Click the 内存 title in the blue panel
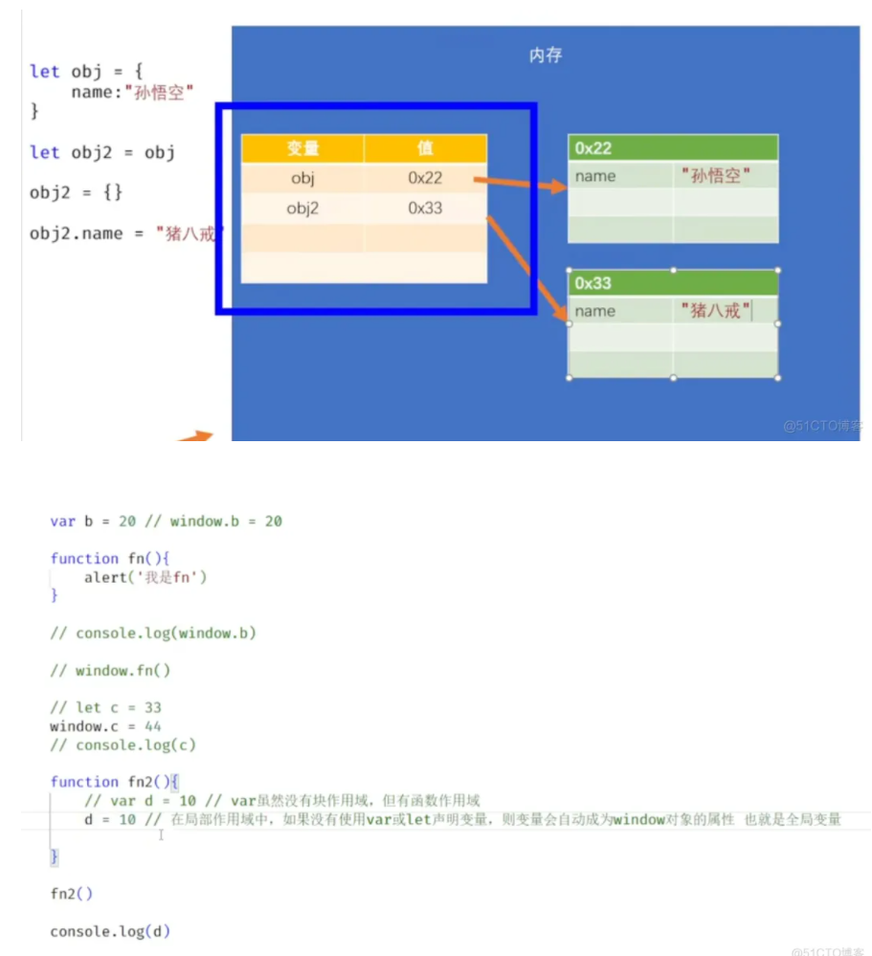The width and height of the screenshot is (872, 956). click(x=546, y=56)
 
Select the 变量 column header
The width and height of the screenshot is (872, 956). click(x=302, y=148)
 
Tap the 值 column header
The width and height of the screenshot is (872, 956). click(x=425, y=148)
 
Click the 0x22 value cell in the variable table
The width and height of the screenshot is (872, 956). click(x=425, y=178)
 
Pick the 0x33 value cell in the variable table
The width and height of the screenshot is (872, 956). click(x=425, y=208)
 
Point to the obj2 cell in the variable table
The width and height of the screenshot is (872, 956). click(x=302, y=208)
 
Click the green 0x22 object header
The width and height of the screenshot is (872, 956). click(x=672, y=148)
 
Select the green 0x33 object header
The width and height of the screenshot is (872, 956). click(x=672, y=283)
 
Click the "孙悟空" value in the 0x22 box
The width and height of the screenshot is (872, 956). click(x=716, y=176)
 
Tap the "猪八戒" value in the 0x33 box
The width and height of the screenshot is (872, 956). click(x=716, y=311)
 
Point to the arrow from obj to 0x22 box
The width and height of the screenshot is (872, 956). click(x=522, y=183)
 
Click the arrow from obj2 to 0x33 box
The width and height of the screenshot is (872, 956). click(x=526, y=268)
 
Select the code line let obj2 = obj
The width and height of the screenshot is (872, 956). click(x=102, y=152)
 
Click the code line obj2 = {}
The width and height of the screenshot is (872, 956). click(x=77, y=192)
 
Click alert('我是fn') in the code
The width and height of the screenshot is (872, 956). click(x=145, y=577)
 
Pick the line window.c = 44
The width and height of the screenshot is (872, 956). click(x=106, y=726)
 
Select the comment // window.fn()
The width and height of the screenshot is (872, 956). click(x=111, y=670)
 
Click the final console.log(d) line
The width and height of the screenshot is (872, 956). click(x=110, y=931)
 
